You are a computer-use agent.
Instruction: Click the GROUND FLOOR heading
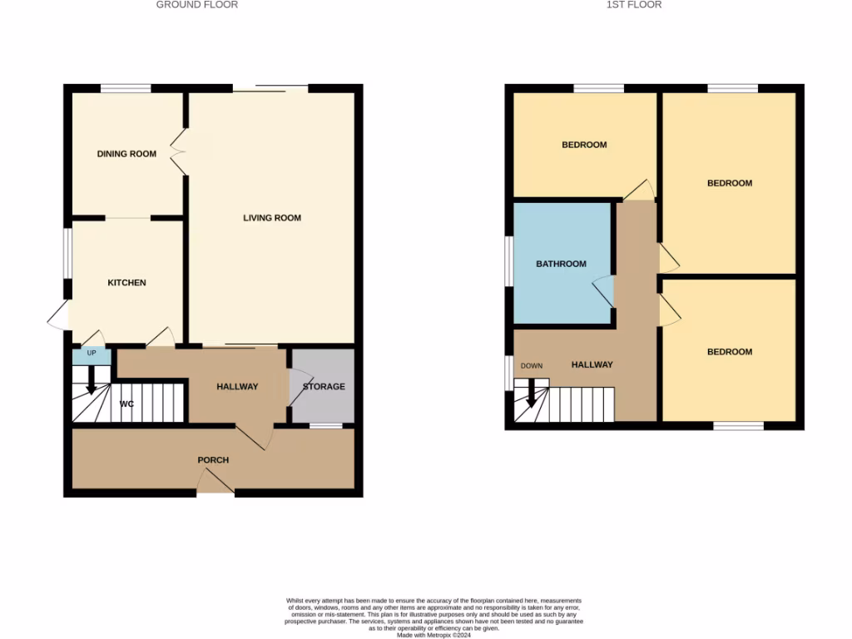[197, 5]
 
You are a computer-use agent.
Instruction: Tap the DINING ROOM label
[126, 154]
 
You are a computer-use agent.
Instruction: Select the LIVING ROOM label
[272, 218]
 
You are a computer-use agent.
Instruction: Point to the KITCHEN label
[126, 283]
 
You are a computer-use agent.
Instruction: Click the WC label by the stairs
[126, 404]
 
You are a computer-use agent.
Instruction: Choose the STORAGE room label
[324, 387]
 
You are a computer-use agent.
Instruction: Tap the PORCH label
[213, 460]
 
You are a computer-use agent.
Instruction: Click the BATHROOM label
[561, 264]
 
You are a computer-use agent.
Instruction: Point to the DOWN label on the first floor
[532, 366]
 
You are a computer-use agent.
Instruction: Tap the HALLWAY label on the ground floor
[237, 387]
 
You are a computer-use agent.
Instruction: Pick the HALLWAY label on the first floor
[592, 364]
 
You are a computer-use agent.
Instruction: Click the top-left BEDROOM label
[584, 145]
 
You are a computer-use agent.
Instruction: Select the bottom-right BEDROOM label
[730, 352]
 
